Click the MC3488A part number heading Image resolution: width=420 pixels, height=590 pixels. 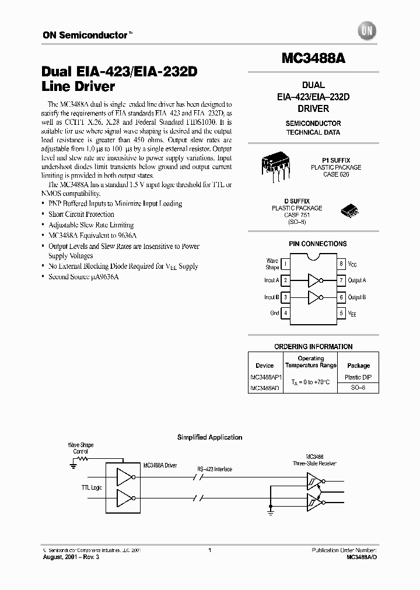coord(314,59)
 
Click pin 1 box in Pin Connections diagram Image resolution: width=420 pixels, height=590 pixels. coord(286,264)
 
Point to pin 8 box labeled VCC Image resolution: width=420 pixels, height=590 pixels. coord(341,264)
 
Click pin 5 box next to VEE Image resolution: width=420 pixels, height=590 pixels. coord(341,313)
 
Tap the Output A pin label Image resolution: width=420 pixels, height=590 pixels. coord(357,280)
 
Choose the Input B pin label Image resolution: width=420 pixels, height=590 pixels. coord(271,297)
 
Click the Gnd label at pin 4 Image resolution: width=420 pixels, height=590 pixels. coord(274,313)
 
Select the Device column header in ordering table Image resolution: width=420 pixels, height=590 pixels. coord(265,366)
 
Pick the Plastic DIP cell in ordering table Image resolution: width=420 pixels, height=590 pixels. coord(359,377)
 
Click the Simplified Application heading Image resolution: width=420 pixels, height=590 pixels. coord(209,437)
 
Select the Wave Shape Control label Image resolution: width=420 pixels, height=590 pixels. coord(80,448)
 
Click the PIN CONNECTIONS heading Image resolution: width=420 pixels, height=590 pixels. coord(317,244)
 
